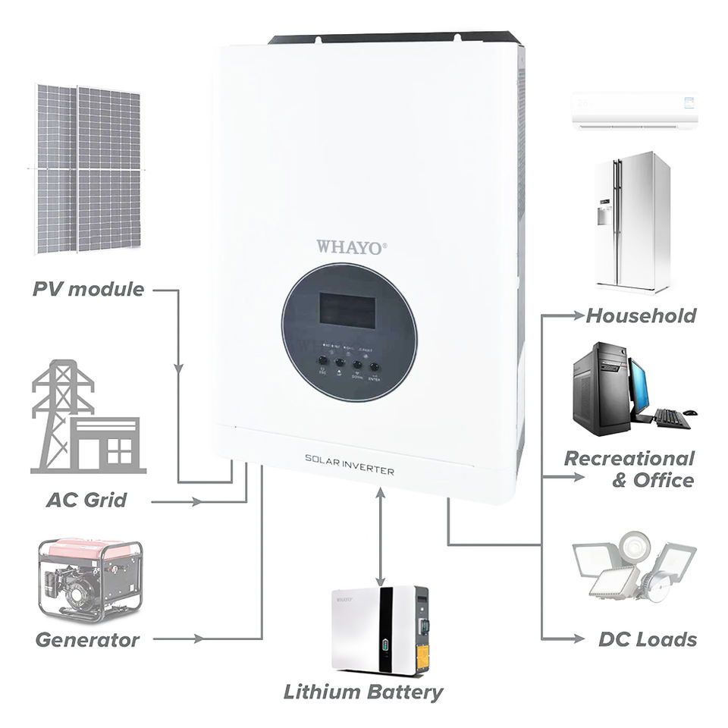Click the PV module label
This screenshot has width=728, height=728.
(x=88, y=289)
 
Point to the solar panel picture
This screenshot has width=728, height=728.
(x=87, y=168)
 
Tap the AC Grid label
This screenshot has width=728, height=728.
(x=86, y=500)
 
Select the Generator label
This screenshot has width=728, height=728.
(x=87, y=639)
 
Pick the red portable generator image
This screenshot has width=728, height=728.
(x=90, y=579)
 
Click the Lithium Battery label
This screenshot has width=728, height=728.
(x=363, y=692)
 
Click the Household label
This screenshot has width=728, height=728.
(x=641, y=315)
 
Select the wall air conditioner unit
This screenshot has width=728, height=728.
(x=634, y=111)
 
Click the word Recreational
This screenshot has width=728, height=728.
(x=629, y=459)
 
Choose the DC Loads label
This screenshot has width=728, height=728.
(x=647, y=639)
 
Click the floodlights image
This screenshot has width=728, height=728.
(x=632, y=567)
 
